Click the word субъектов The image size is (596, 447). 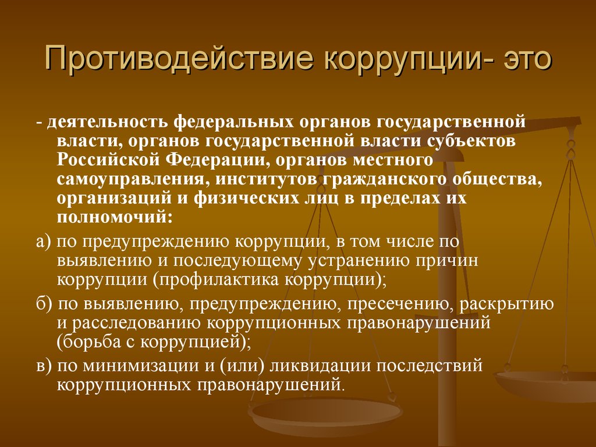click(x=471, y=141)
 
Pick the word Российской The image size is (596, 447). click(x=108, y=159)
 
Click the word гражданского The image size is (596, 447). click(x=385, y=179)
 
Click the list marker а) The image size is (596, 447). click(x=43, y=242)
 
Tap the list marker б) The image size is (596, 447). click(x=44, y=304)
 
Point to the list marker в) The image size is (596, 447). click(x=43, y=366)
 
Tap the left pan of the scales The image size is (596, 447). click(x=325, y=413)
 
